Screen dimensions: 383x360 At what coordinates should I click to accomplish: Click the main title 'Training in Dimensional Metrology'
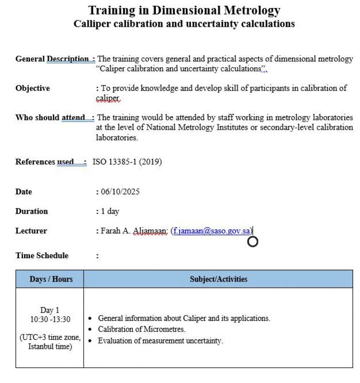184,10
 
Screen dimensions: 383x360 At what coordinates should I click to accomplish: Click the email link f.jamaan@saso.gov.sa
212,231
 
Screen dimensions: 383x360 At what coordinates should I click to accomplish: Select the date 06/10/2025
120,191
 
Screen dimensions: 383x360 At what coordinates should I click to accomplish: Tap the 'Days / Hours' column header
51,279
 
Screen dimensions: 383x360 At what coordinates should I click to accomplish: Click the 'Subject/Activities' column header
218,279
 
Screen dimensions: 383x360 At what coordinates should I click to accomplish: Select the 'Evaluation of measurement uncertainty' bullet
160,340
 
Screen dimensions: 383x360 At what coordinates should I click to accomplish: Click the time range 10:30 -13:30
50,319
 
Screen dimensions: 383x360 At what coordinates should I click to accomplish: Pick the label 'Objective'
33,88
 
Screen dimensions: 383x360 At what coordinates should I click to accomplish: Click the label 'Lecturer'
31,231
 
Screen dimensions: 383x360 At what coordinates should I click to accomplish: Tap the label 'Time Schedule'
42,255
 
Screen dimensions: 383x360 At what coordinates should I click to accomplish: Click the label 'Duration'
31,211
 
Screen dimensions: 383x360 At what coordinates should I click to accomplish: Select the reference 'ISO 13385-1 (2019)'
127,162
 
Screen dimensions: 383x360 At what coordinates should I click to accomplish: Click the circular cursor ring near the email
253,242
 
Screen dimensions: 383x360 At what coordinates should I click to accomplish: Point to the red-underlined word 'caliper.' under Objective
108,98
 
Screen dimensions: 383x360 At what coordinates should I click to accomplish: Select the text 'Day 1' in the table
50,310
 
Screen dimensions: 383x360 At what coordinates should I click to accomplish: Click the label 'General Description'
52,59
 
